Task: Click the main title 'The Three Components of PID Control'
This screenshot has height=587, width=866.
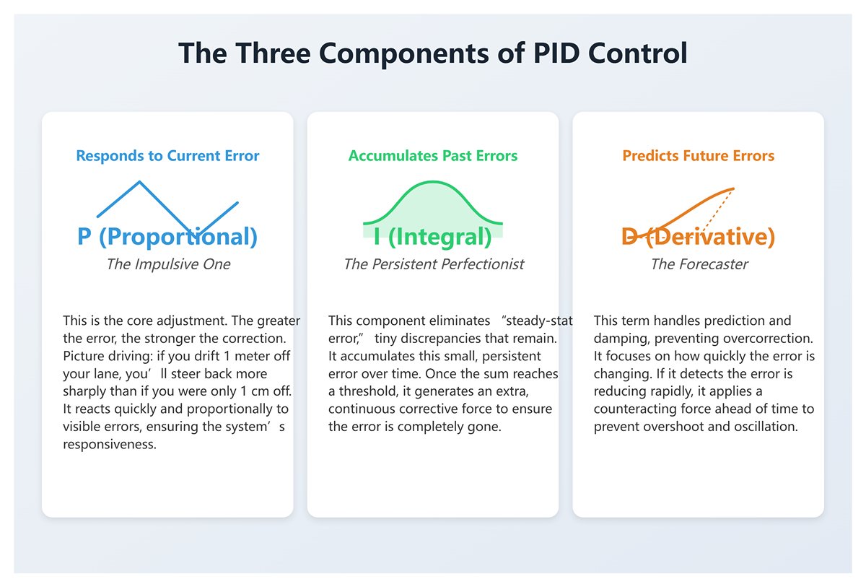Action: (x=433, y=54)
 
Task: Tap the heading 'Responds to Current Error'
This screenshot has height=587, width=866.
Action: (x=167, y=156)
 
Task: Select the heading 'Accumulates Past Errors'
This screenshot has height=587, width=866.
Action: (x=433, y=156)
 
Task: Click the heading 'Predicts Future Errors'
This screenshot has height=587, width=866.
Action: (x=699, y=156)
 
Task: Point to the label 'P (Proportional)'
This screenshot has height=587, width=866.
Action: (x=167, y=237)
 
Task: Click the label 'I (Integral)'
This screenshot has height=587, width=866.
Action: (x=433, y=237)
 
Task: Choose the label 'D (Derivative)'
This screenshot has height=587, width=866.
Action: (x=699, y=237)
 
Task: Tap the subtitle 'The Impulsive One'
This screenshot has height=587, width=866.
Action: (x=168, y=264)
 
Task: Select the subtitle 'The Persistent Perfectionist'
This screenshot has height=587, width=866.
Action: (x=434, y=264)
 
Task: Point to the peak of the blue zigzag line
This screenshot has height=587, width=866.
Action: (x=140, y=182)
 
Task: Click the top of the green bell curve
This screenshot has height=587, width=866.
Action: (x=433, y=183)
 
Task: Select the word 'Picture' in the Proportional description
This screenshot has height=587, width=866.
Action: (x=84, y=356)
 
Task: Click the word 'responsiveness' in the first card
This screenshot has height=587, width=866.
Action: (x=110, y=445)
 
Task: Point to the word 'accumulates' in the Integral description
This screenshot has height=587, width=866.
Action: (x=376, y=356)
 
